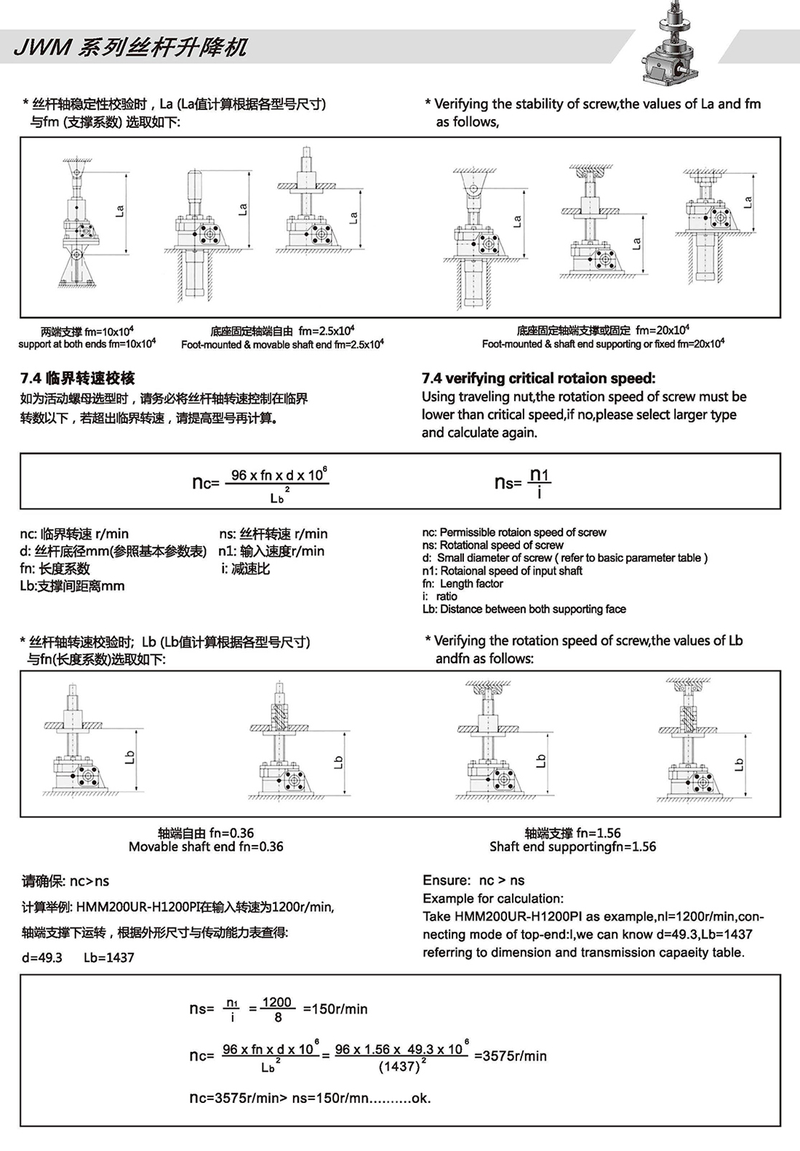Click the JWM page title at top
click(131, 48)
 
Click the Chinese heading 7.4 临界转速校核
click(78, 378)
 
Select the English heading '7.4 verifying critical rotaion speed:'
click(538, 378)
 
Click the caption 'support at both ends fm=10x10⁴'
click(87, 344)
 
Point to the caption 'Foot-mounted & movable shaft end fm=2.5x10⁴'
click(282, 345)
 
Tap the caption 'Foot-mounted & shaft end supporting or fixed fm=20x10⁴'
click(603, 344)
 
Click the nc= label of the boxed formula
click(206, 483)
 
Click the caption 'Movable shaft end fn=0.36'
click(206, 847)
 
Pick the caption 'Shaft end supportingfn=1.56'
click(572, 847)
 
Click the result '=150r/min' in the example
click(335, 1009)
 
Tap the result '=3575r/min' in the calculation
click(510, 1056)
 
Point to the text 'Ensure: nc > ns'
click(473, 881)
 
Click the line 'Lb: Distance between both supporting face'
click(524, 609)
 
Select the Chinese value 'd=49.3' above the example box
click(42, 958)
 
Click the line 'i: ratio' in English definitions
click(440, 596)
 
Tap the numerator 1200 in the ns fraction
click(277, 1002)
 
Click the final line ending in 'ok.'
click(310, 1098)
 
